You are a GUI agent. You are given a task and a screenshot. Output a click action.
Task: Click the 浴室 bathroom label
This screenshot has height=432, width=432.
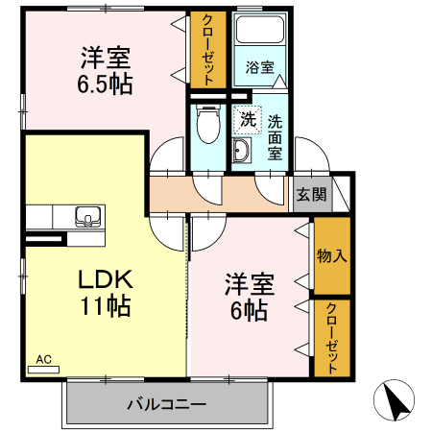(259, 68)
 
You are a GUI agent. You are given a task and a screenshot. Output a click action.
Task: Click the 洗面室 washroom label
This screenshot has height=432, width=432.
(275, 135)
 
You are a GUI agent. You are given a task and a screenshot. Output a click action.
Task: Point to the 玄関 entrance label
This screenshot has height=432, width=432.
(311, 194)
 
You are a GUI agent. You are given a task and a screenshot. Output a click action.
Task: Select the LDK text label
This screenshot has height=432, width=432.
(106, 280)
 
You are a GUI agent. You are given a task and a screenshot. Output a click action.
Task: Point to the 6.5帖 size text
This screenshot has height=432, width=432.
(106, 83)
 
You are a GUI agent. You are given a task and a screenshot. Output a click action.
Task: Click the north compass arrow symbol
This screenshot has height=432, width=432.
(396, 399)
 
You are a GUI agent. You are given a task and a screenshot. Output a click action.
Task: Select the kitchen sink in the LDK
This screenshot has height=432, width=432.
(89, 216)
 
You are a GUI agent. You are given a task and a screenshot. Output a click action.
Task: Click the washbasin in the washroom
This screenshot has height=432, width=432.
(240, 151)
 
